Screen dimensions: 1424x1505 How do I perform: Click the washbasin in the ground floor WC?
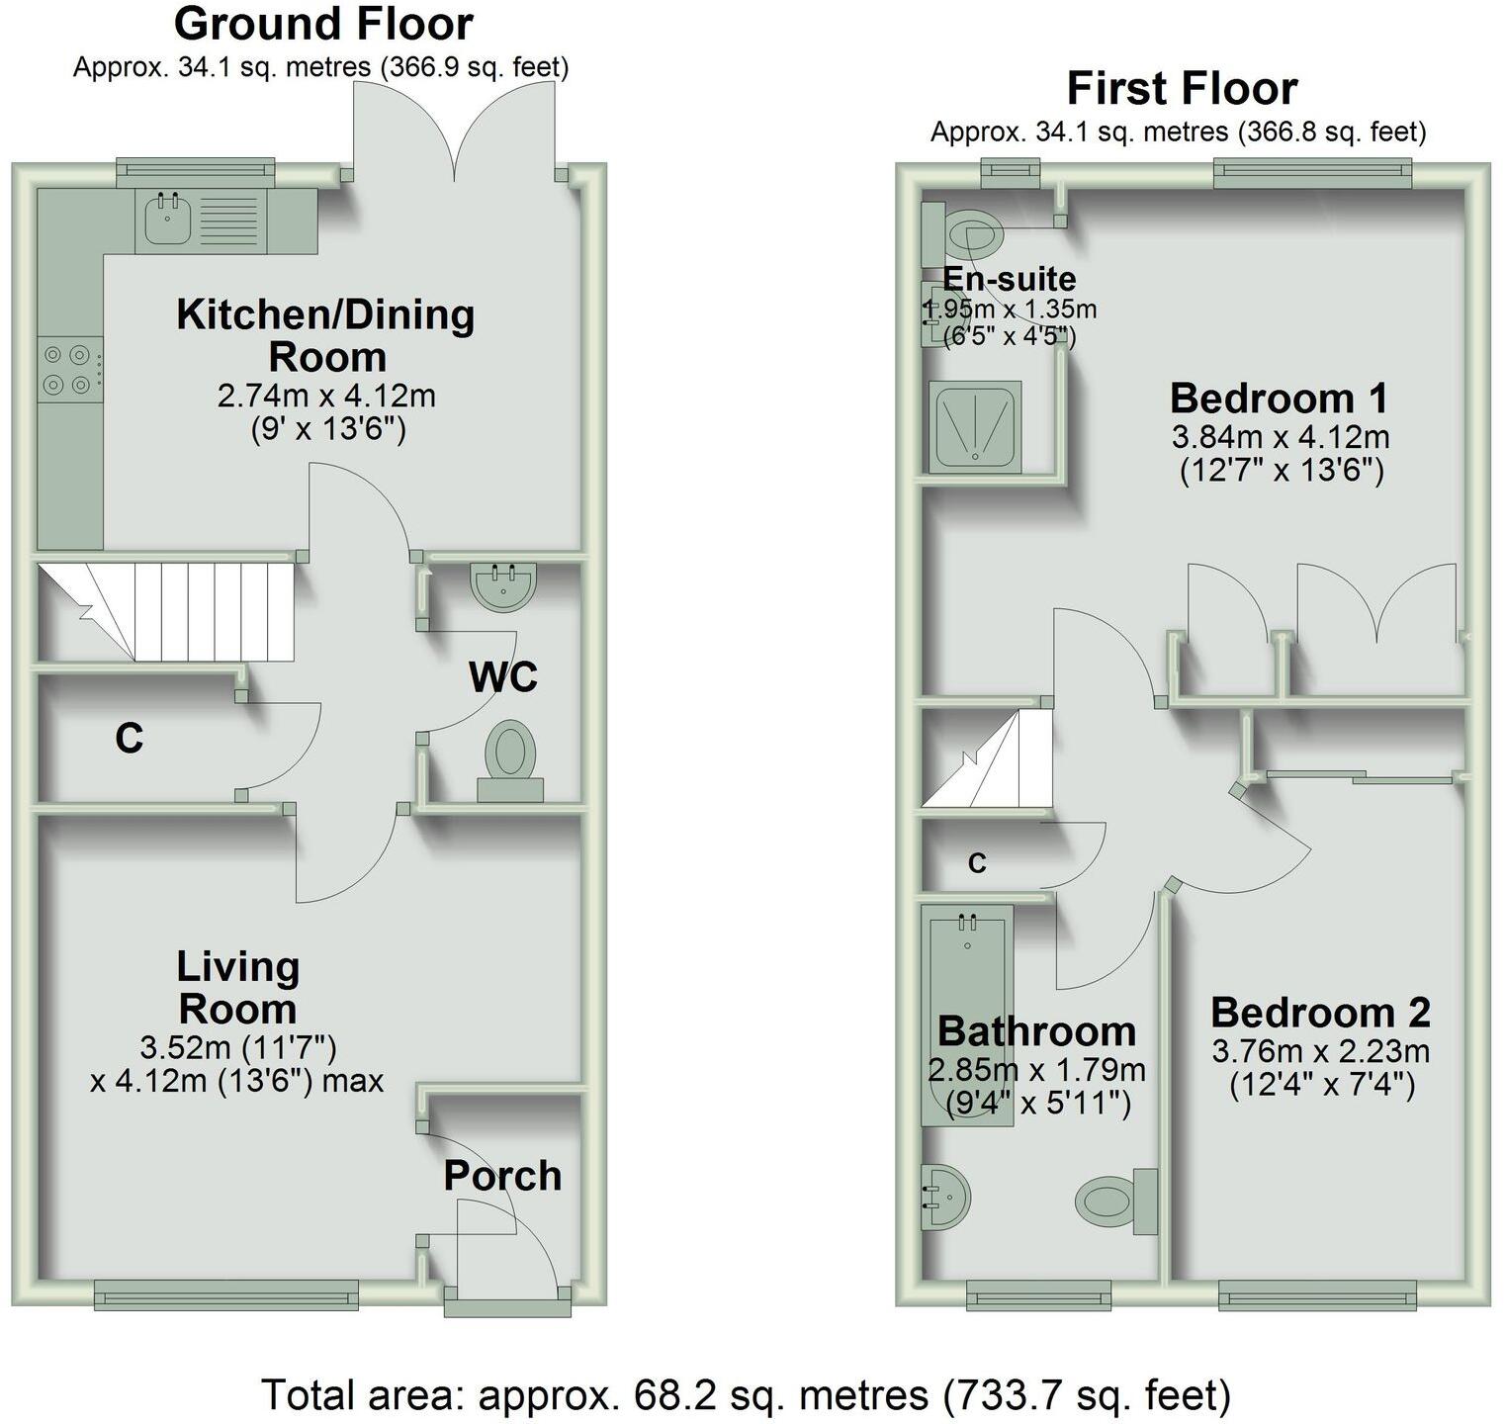point(503,584)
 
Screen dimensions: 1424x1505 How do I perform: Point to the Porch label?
point(502,1176)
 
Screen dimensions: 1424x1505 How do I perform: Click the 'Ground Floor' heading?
point(323,24)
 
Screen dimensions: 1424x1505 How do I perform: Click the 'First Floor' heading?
point(1182,89)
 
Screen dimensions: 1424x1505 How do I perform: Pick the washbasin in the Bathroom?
point(942,1196)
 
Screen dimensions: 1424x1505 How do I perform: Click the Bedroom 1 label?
point(1279,399)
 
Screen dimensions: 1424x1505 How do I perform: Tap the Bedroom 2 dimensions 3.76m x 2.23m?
point(1320,1050)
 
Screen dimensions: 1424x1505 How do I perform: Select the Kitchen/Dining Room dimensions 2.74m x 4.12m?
point(326,396)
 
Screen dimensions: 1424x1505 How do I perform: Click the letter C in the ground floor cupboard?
point(129,739)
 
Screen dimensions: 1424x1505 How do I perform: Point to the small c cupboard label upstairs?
point(977,863)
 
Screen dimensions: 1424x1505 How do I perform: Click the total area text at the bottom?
point(747,1395)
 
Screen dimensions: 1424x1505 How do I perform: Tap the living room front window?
point(226,1292)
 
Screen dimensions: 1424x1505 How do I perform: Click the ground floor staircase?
point(188,612)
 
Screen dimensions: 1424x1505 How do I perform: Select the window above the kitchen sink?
point(194,171)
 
